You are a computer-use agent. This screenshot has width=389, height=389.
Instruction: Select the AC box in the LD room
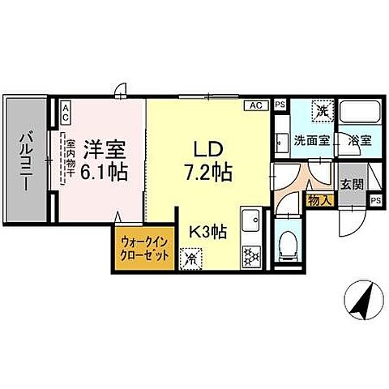(255, 105)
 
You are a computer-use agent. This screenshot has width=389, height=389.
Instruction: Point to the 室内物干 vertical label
(70, 159)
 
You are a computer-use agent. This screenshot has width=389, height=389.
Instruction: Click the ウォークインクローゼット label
(147, 248)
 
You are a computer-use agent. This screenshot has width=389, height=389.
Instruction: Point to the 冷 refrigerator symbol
(192, 259)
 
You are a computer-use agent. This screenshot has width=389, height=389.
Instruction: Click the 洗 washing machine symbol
(322, 111)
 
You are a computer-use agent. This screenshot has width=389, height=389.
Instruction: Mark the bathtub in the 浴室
(357, 113)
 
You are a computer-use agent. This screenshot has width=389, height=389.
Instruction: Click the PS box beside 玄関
(374, 200)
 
